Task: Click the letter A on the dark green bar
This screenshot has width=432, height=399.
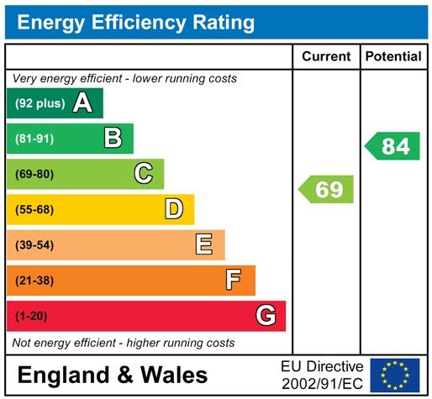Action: coord(82,103)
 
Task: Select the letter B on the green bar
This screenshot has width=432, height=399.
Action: coord(113,139)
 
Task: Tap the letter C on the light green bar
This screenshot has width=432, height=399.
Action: coord(144,174)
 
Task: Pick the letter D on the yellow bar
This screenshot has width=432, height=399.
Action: coord(174,209)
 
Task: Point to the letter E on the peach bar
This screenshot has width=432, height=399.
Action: coord(204,244)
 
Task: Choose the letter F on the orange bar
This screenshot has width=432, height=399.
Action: coord(234,280)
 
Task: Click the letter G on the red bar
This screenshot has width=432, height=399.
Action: coord(266,316)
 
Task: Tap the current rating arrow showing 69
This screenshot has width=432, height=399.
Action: coord(326,189)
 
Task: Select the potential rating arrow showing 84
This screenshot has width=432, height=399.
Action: coord(392,146)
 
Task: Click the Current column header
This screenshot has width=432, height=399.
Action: coord(326,56)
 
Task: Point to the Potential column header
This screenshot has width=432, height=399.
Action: coord(392,56)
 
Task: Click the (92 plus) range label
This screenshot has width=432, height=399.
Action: coord(40,103)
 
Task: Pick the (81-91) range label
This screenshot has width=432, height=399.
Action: coord(34,139)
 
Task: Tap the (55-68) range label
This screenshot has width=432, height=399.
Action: coord(34,209)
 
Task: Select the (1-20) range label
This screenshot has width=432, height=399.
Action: coord(31,316)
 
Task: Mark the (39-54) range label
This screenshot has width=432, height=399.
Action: coord(34,244)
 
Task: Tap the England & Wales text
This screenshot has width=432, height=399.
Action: coord(112,375)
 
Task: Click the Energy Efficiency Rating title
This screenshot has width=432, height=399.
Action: coord(136,22)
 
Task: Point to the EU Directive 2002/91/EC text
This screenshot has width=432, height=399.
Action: coord(322,374)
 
